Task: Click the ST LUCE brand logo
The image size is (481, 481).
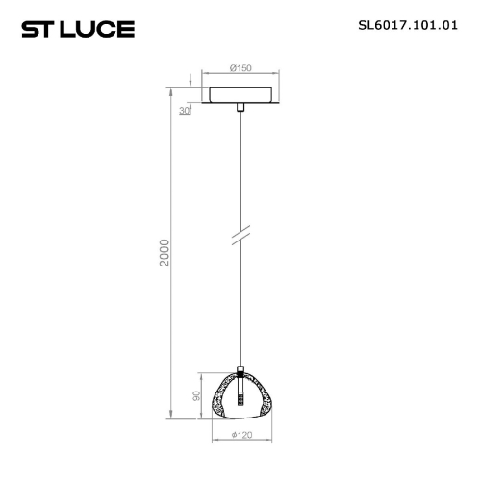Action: [78, 30]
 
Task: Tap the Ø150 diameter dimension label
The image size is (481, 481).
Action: [240, 68]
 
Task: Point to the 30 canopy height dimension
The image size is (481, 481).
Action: [184, 111]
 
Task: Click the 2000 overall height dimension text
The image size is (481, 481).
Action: [165, 253]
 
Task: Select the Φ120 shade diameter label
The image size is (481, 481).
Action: [240, 434]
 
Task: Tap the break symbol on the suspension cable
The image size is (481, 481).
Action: [240, 237]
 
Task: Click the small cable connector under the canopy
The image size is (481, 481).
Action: [240, 113]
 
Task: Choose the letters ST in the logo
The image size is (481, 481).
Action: [38, 30]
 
